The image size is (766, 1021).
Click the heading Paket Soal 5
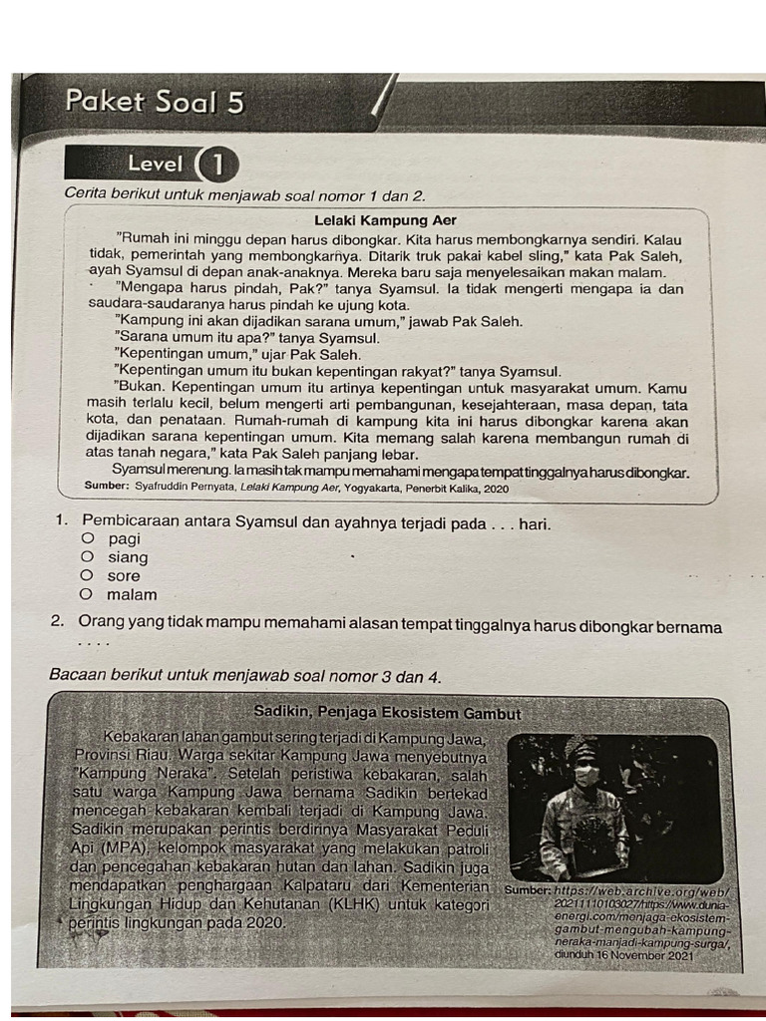(x=154, y=103)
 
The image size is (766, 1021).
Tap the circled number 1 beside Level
(x=217, y=165)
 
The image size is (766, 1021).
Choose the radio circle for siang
(x=88, y=557)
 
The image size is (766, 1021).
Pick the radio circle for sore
(x=88, y=575)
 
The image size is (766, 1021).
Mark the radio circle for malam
(x=88, y=594)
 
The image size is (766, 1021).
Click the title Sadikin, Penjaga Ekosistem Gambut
(x=387, y=714)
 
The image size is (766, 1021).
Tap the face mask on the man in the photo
(x=585, y=775)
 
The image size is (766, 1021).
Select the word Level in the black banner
(x=155, y=165)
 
